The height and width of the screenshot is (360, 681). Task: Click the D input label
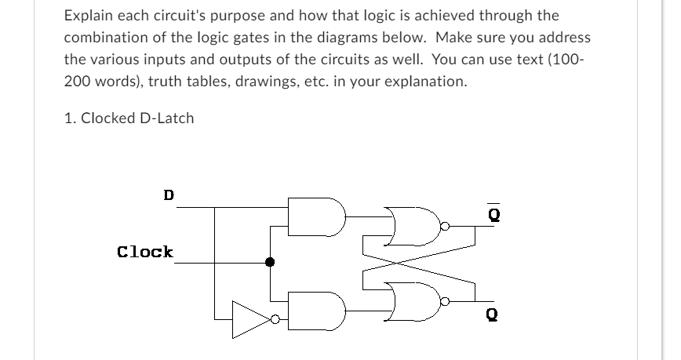pos(169,194)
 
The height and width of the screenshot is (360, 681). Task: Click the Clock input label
pos(145,252)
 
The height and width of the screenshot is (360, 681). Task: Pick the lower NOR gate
pos(413,300)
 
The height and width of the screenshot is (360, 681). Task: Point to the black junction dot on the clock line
pos(270,263)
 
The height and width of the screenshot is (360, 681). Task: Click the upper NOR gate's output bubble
pos(444,227)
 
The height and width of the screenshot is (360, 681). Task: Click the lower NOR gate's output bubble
pos(444,300)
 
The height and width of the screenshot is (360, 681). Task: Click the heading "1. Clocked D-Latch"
pos(129,118)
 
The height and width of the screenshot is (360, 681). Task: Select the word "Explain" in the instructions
pos(89,15)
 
